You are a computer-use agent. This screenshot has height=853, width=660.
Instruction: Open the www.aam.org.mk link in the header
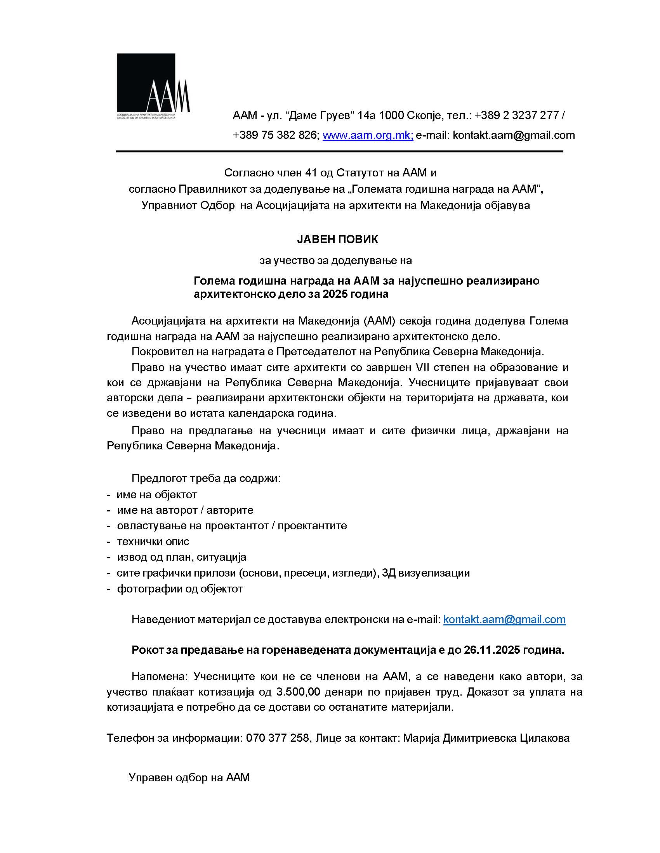tap(367, 135)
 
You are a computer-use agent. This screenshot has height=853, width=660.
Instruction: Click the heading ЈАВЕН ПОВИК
tap(337, 239)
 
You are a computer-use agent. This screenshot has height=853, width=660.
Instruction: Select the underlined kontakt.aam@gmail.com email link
tap(504, 619)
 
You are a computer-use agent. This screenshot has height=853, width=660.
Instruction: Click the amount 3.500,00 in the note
tap(298, 692)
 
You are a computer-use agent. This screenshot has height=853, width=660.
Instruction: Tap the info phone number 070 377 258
tap(277, 738)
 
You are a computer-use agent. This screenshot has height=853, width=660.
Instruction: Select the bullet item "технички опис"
tap(153, 541)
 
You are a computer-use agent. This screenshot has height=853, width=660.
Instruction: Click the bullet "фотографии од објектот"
tap(179, 589)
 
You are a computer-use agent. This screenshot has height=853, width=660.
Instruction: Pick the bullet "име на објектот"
tap(157, 494)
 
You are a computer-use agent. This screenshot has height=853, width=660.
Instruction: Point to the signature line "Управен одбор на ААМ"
tap(189, 777)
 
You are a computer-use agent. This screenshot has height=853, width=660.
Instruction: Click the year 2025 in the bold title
tap(335, 294)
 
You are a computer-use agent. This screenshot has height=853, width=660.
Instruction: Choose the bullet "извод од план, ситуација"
tap(181, 557)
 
